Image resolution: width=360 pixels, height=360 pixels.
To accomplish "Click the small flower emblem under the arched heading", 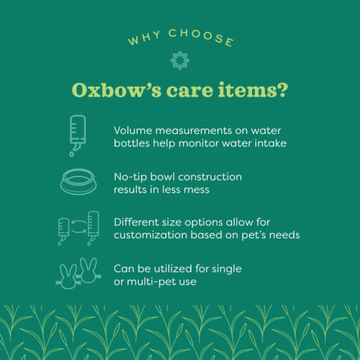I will [x=179, y=60].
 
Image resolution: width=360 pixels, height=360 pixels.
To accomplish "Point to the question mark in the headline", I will [x=283, y=90].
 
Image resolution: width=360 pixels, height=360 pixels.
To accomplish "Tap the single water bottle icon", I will [x=77, y=135].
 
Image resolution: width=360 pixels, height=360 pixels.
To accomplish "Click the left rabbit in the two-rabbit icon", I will [x=69, y=273].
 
